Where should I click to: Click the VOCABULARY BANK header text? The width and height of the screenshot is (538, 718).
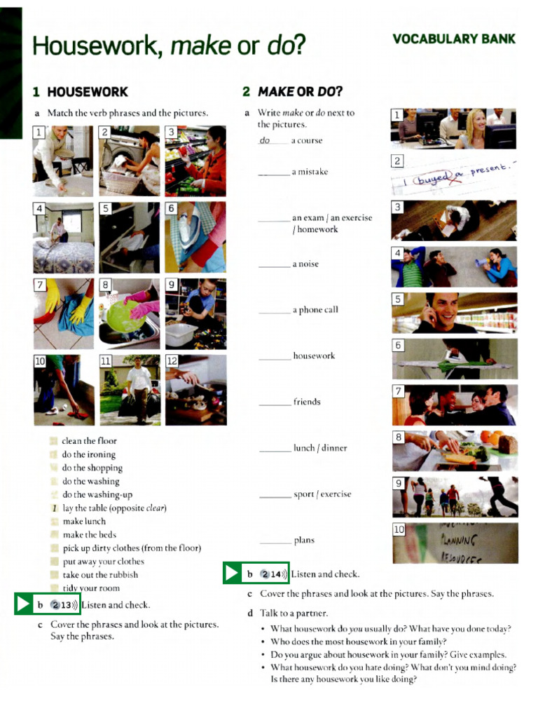click(453, 39)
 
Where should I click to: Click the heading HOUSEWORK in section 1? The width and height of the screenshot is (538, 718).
click(88, 92)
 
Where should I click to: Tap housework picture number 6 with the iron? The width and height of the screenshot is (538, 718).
click(195, 237)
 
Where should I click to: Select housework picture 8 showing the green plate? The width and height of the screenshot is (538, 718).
click(129, 314)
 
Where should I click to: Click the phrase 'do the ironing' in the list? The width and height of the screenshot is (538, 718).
click(89, 454)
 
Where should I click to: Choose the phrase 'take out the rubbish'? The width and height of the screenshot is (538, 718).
click(100, 575)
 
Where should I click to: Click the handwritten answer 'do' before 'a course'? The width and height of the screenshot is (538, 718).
click(265, 140)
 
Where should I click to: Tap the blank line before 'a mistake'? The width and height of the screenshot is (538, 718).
click(273, 172)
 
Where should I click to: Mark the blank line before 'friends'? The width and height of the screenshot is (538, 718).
click(275, 402)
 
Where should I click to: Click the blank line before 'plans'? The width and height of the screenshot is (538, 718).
click(275, 541)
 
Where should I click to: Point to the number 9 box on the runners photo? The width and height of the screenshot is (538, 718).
click(399, 484)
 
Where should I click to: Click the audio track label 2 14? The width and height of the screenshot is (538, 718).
click(274, 574)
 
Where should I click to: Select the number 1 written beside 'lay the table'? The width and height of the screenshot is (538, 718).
click(54, 508)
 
